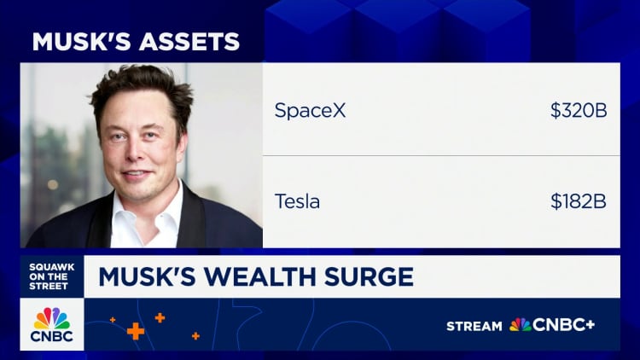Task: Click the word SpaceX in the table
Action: point(310,110)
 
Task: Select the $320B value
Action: point(579,110)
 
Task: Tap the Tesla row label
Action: point(296,202)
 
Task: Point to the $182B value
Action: point(579,202)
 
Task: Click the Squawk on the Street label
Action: point(52,275)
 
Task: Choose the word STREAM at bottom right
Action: point(474,325)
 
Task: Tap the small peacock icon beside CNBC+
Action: point(520,325)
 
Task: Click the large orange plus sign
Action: point(135,331)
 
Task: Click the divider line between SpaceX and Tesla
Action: point(440,156)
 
